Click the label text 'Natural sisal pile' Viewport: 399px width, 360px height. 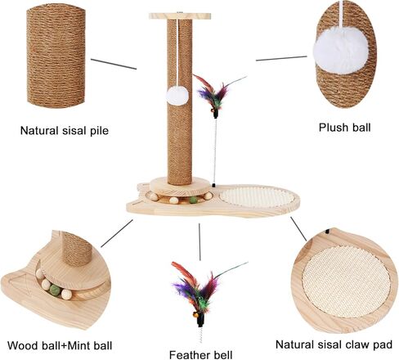point(65,130)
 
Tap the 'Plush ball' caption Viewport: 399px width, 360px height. point(345,128)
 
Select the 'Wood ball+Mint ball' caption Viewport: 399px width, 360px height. point(60,345)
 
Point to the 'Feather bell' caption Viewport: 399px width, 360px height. point(201,355)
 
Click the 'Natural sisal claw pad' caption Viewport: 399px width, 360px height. point(334,344)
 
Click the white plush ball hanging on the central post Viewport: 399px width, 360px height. point(177,96)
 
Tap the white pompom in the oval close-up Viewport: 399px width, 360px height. point(341,54)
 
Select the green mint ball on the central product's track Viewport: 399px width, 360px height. point(193,200)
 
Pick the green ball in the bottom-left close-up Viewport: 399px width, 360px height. point(55,290)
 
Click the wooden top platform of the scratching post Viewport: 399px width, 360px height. point(180,16)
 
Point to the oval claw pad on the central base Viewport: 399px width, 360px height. point(257,197)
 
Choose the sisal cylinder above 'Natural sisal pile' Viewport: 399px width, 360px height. point(56,56)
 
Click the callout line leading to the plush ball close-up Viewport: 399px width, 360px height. point(281,58)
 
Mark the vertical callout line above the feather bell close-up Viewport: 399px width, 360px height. point(199,242)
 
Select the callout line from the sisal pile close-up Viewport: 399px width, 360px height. point(114,64)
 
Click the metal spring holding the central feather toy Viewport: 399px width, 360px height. point(216,151)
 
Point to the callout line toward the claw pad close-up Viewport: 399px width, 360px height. point(298,229)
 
